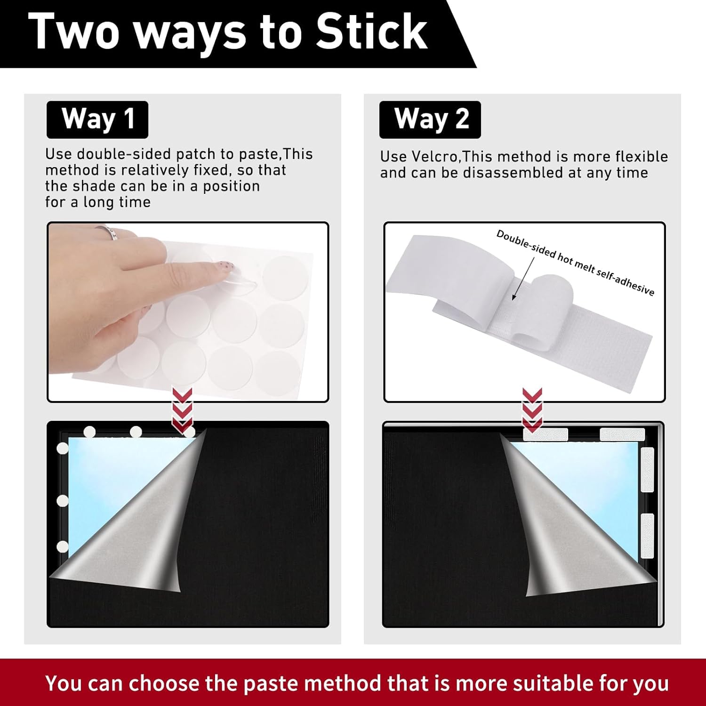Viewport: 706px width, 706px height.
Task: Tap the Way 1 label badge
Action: point(97,120)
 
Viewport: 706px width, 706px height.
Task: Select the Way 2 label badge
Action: point(430,120)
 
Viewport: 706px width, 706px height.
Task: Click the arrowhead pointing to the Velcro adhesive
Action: point(514,296)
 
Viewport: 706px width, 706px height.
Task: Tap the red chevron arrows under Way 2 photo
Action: point(532,409)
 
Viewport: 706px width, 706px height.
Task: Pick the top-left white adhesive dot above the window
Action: point(89,432)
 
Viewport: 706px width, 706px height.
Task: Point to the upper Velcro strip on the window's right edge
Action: point(648,470)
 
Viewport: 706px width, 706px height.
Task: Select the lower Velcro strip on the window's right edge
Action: point(648,536)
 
